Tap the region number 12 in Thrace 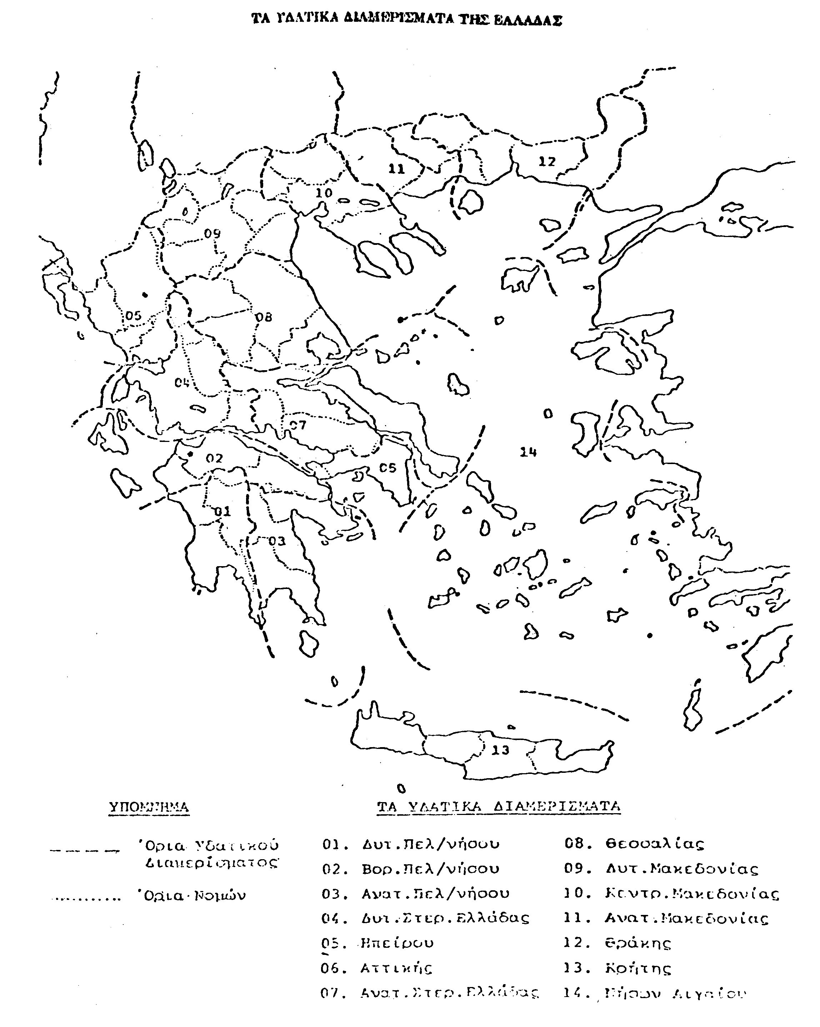click(547, 161)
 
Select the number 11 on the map click(396, 168)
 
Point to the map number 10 click(324, 193)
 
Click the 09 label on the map click(212, 233)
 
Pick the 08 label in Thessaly click(264, 317)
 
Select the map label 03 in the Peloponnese click(277, 541)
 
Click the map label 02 click(214, 458)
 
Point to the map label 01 click(222, 512)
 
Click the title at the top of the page click(406, 20)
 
